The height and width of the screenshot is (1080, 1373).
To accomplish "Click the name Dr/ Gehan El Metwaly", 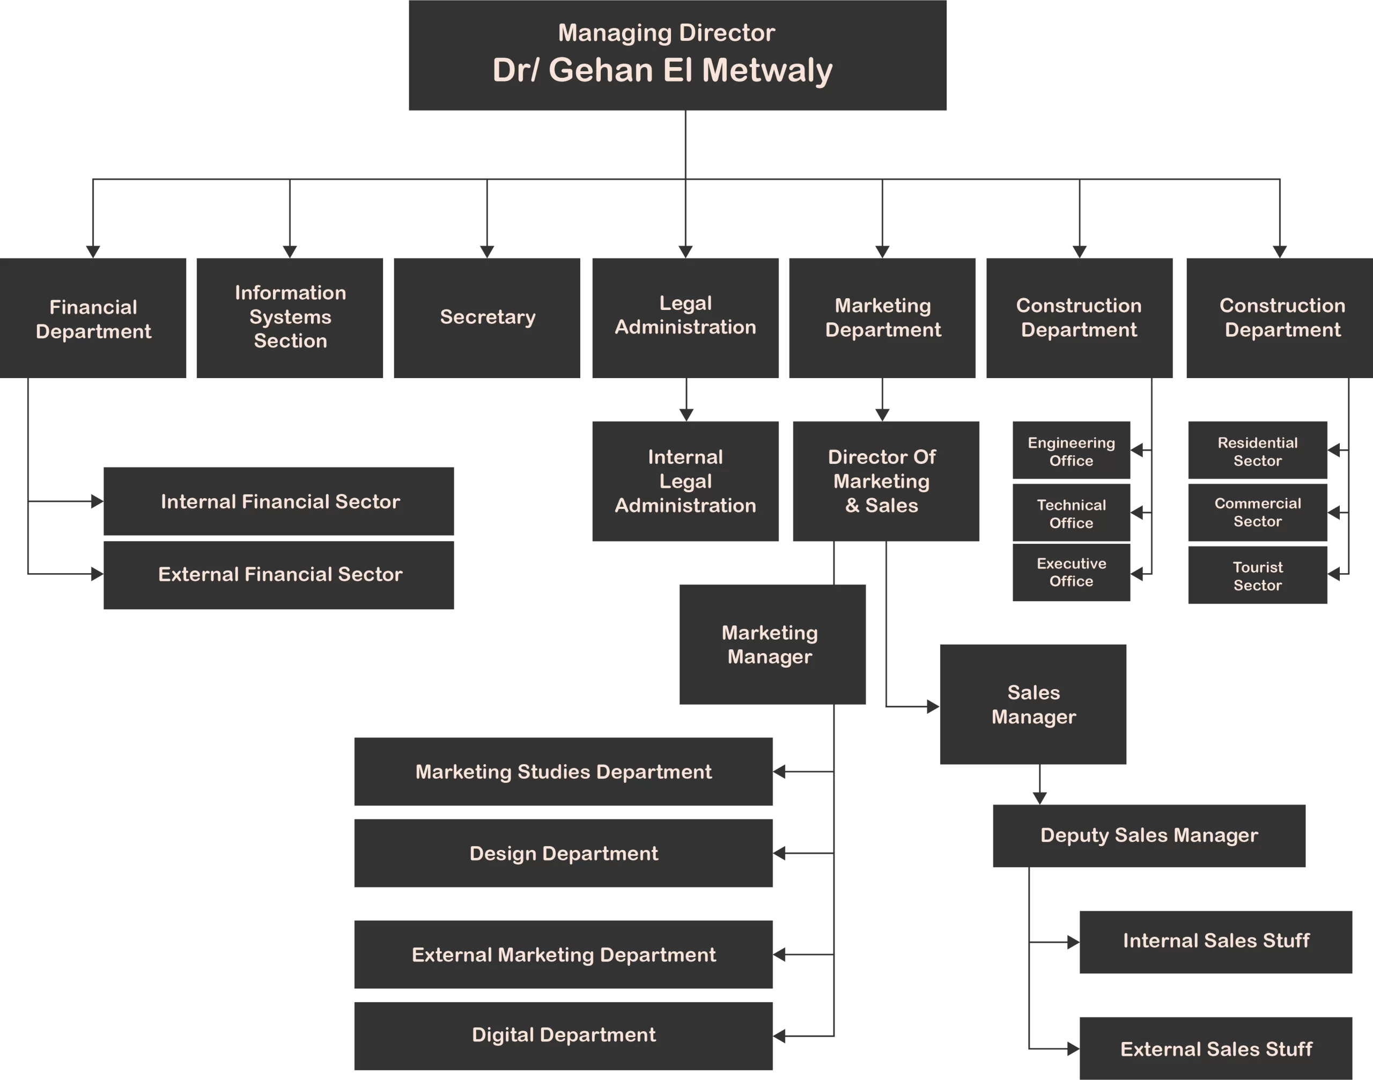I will (662, 70).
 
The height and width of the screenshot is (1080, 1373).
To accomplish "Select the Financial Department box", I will (93, 318).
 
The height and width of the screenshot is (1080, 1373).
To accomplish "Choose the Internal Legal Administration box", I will (685, 480).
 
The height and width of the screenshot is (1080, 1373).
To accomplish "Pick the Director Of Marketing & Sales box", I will (885, 480).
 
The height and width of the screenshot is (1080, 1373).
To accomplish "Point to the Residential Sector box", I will (1257, 451).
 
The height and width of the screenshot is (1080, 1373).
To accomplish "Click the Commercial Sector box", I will (1257, 512).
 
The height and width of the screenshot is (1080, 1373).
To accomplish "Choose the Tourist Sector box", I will (1257, 575).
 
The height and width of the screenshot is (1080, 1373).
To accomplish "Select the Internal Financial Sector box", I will (279, 501).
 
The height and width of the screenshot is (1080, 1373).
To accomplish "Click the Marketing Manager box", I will (772, 645).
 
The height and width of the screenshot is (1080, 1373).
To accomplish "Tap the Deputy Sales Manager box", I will (1148, 835).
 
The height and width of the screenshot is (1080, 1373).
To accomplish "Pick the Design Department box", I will (563, 853).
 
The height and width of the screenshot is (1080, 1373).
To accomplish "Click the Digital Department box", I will (563, 1035).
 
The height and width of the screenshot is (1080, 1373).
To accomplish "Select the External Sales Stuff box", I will (1215, 1049).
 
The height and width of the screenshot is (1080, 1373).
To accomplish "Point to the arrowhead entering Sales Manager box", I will (933, 706).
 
